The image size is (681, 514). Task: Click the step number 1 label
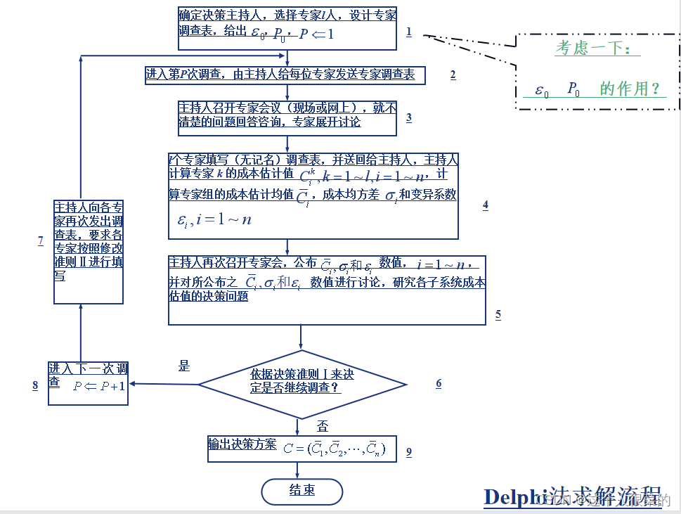click(x=408, y=32)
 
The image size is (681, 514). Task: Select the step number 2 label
click(x=453, y=75)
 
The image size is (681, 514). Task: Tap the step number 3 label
click(x=408, y=117)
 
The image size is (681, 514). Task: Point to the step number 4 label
click(x=485, y=205)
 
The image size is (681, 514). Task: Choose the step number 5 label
click(x=498, y=314)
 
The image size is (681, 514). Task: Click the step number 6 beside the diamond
click(x=439, y=383)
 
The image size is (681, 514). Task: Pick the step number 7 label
click(x=41, y=241)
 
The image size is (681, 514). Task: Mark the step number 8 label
click(x=35, y=385)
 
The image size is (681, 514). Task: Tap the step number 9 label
click(x=408, y=452)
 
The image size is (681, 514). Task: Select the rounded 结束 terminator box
click(x=301, y=491)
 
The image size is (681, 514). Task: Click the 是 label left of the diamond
click(x=184, y=366)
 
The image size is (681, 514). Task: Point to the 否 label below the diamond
click(x=323, y=426)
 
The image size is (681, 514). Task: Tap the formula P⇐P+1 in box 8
click(x=98, y=385)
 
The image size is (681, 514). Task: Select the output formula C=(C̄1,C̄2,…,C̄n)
click(x=335, y=448)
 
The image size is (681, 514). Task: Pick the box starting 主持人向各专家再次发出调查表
click(x=89, y=251)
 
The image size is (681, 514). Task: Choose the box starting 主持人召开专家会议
click(x=287, y=117)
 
